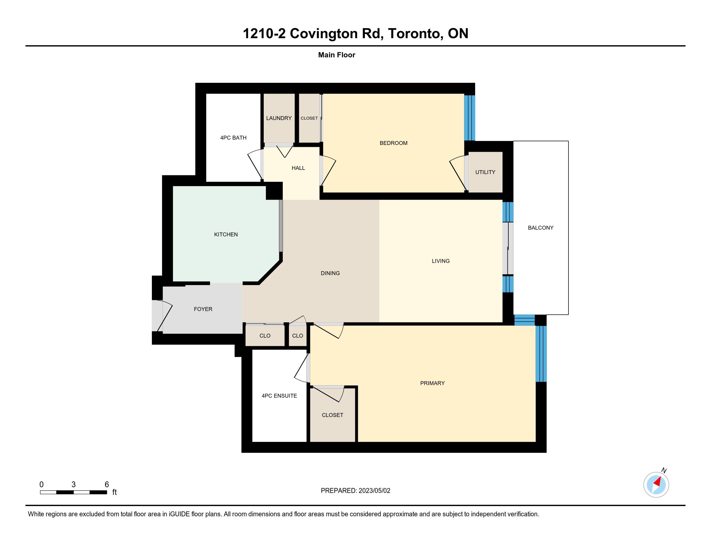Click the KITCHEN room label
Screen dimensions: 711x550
coord(226,235)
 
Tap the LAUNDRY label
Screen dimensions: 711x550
coord(279,118)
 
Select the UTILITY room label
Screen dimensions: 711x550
coord(485,172)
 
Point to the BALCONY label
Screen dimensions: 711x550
coord(541,228)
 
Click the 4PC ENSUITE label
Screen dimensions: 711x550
coord(279,396)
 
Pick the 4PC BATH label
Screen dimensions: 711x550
coord(233,138)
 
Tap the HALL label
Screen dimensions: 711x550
coord(298,168)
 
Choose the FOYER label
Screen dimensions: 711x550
coord(203,309)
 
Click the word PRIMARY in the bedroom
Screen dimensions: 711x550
coord(432,383)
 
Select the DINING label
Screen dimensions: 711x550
coord(330,273)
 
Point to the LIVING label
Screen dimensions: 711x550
coord(441,261)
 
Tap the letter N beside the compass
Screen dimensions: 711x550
coord(664,470)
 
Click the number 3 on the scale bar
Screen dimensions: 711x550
coord(74,485)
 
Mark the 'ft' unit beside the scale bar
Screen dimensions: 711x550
coord(115,492)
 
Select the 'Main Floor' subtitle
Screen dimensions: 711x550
coord(337,55)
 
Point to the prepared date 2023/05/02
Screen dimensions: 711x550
coord(374,491)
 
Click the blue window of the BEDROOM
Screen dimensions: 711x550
coord(470,118)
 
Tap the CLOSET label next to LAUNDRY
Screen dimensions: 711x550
coord(309,118)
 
